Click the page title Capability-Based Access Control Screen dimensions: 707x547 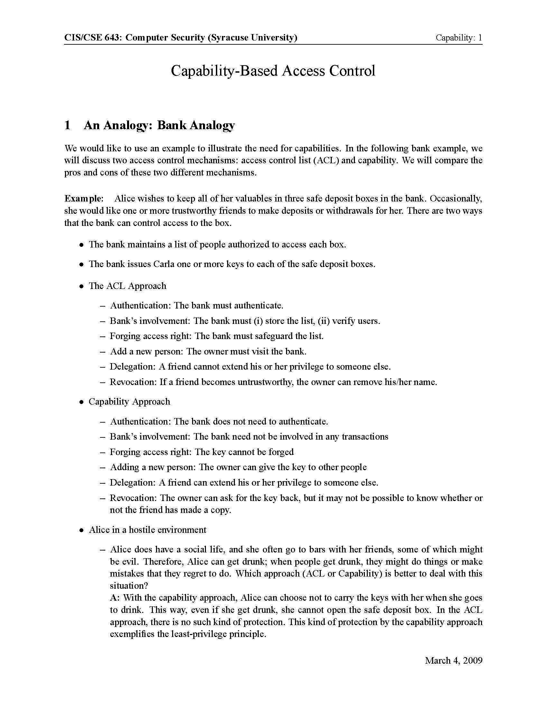click(x=273, y=71)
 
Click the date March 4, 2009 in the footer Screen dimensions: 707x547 click(x=453, y=660)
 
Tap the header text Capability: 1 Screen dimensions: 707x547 click(x=459, y=38)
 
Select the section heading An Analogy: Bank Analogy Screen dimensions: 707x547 click(x=159, y=125)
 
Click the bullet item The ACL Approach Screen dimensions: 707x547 click(x=127, y=286)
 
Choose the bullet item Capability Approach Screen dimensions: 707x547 click(x=129, y=401)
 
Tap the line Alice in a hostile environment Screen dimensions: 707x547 click(x=147, y=530)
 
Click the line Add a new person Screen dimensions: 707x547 click(x=208, y=351)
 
